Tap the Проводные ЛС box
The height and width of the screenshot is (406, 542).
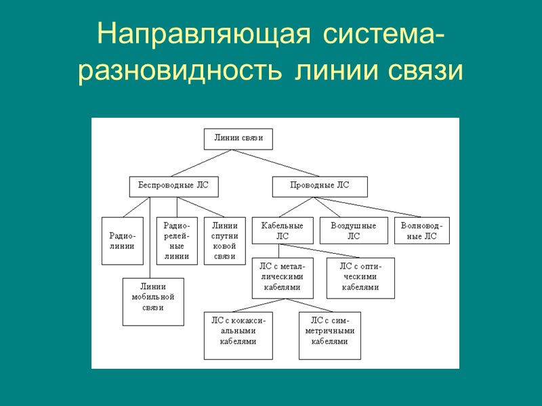[x=319, y=186]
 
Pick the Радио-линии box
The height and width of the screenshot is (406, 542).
[x=122, y=240]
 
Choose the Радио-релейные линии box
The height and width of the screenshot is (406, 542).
[x=177, y=240]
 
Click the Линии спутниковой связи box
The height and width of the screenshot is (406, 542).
[x=224, y=240]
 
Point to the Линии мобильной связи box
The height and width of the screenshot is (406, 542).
[x=153, y=300]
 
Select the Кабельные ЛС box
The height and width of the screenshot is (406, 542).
[x=282, y=230]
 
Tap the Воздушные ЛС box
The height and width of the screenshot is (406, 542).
[x=353, y=230]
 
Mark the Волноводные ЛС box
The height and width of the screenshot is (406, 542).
[x=421, y=230]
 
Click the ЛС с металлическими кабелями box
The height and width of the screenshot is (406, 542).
[x=282, y=277]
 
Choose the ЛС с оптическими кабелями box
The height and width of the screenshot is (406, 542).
[x=360, y=277]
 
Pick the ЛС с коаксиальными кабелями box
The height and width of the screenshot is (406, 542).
[x=238, y=335]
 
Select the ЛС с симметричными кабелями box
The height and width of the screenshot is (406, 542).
[x=329, y=335]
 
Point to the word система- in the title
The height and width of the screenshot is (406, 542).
[x=383, y=34]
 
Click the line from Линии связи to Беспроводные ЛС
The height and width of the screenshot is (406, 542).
[x=203, y=163]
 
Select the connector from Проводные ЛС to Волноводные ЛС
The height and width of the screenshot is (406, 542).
[x=366, y=207]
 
